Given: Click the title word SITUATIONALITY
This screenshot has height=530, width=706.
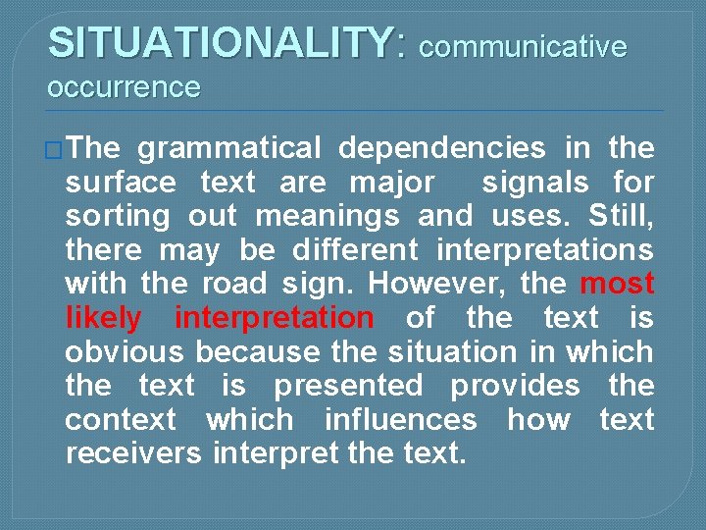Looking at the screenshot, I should [220, 43].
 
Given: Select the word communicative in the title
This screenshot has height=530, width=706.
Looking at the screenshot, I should [522, 46].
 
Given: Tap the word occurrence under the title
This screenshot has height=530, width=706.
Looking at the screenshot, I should [124, 88].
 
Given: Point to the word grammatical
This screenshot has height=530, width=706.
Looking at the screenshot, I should [228, 149].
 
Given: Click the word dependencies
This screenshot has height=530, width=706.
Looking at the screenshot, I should [441, 149].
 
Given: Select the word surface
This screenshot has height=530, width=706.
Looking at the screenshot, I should [121, 183].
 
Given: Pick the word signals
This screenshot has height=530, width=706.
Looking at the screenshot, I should [535, 183].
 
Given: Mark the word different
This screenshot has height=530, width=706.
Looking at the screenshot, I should [350, 250].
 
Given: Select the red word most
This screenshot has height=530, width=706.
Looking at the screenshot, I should [617, 285].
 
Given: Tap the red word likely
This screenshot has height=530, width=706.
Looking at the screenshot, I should [103, 318].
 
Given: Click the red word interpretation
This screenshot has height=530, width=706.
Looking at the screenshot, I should [274, 318].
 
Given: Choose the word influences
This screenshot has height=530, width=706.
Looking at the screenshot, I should [400, 420].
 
